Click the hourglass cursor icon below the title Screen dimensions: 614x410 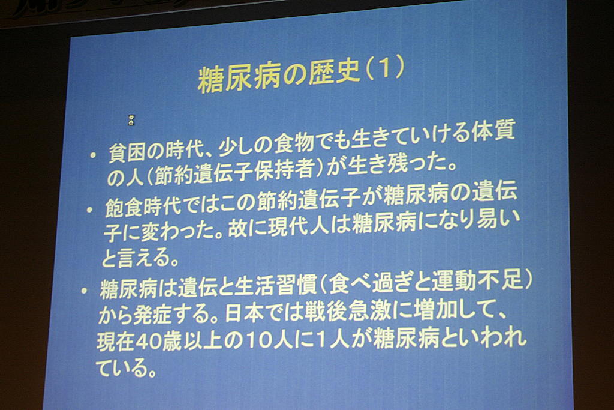(x=131, y=120)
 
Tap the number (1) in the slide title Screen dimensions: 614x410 (x=385, y=70)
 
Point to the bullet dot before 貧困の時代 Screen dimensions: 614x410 (x=93, y=155)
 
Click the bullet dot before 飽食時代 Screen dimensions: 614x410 (x=90, y=210)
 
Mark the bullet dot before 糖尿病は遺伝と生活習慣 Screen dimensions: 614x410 (x=83, y=291)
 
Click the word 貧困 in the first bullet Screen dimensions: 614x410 (x=125, y=151)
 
